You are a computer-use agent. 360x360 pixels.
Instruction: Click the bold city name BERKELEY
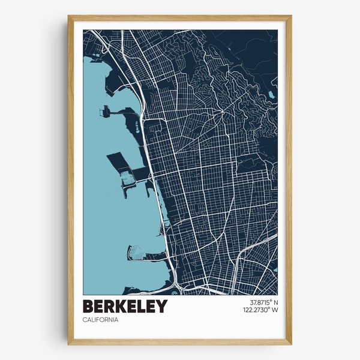click(x=125, y=306)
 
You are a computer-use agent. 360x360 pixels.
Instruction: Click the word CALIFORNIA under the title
click(x=101, y=319)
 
